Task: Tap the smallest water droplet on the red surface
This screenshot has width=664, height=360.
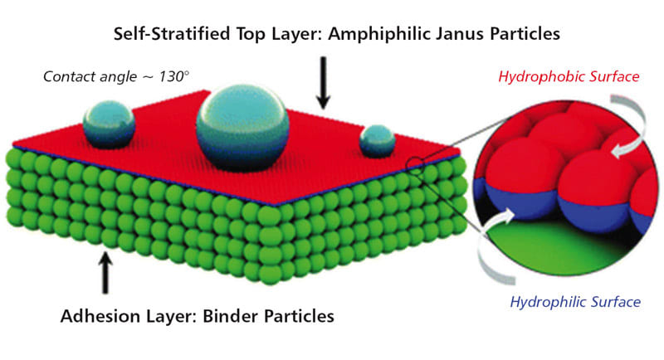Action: pos(377,141)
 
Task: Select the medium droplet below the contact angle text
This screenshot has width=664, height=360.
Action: pos(109,124)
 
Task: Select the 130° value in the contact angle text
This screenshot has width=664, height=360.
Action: pos(175,76)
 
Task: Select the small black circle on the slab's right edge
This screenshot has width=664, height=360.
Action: pos(413,163)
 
